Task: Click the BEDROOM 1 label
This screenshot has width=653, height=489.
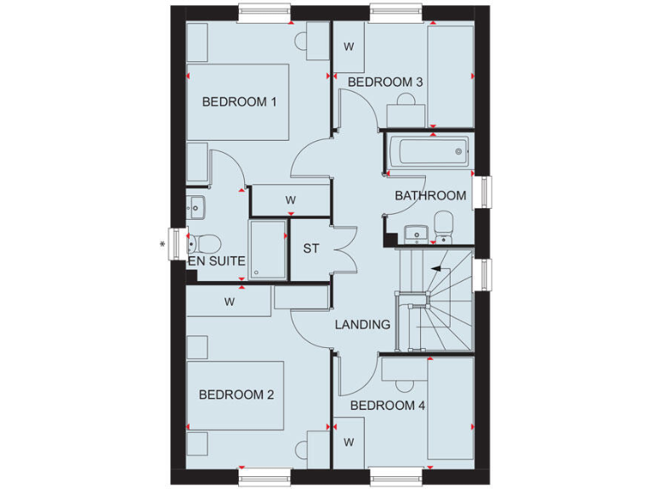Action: pyautogui.click(x=240, y=102)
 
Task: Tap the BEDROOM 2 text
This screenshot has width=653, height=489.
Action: pyautogui.click(x=236, y=395)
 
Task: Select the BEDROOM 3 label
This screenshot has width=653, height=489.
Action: pyautogui.click(x=386, y=82)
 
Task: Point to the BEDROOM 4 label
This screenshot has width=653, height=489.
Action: pyautogui.click(x=388, y=406)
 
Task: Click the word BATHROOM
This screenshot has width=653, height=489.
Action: pyautogui.click(x=430, y=195)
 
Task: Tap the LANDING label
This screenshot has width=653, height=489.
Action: pyautogui.click(x=363, y=324)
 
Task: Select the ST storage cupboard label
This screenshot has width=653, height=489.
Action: pyautogui.click(x=311, y=249)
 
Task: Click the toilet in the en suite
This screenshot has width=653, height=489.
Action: pyautogui.click(x=201, y=241)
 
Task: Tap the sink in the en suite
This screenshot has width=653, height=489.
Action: pyautogui.click(x=196, y=205)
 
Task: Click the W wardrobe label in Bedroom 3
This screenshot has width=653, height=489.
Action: pyautogui.click(x=349, y=47)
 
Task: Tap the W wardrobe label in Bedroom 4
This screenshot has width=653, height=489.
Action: pyautogui.click(x=349, y=442)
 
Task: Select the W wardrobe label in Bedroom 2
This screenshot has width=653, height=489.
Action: pyautogui.click(x=230, y=301)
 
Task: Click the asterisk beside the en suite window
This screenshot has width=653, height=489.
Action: pyautogui.click(x=162, y=245)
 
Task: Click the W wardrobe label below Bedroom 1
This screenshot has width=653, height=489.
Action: pyautogui.click(x=290, y=200)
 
